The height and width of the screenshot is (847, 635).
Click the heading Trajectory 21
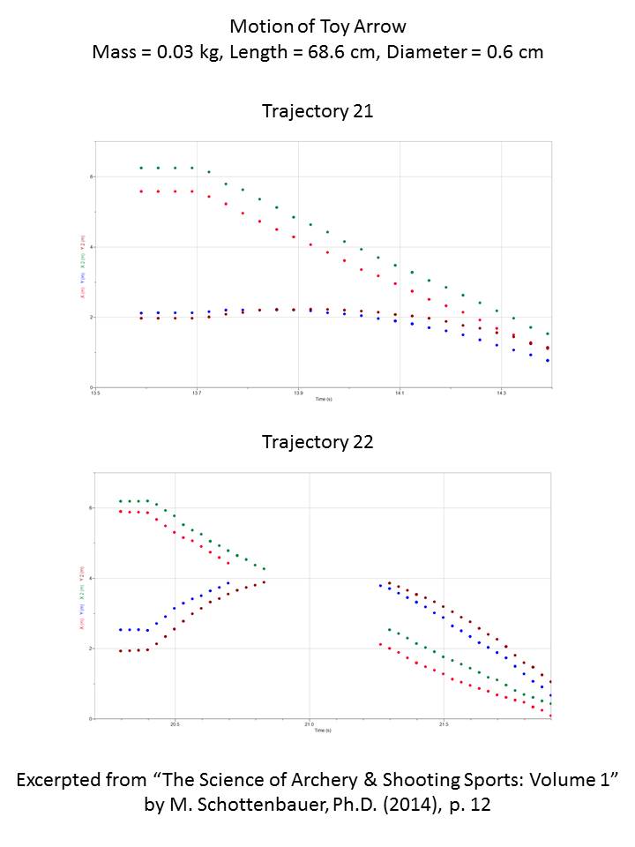[x=317, y=111]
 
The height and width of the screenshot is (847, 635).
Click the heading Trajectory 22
[x=317, y=442]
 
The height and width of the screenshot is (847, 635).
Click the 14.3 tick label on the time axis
[x=501, y=394]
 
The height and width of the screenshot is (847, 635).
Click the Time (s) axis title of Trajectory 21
[x=324, y=399]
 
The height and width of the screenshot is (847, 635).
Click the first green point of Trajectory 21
[x=141, y=168]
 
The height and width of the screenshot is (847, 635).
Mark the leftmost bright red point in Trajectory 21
[x=141, y=191]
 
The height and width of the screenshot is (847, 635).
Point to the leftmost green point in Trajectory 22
[x=121, y=501]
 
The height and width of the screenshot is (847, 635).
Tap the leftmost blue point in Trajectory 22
[x=121, y=630]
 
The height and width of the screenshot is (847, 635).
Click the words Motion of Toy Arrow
[x=317, y=26]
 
